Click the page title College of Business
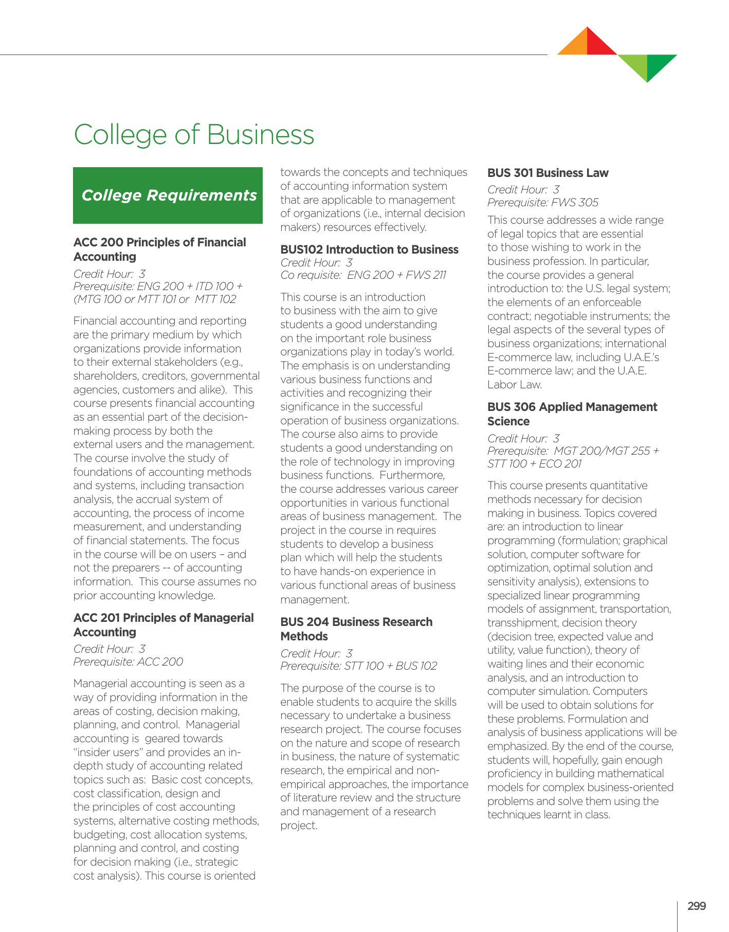point(194,135)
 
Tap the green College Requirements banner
point(168,195)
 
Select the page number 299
point(696,906)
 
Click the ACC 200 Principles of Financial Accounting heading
point(159,249)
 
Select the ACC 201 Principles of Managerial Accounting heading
point(163,625)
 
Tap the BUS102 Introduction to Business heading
point(369,249)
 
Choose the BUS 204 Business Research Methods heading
point(356,629)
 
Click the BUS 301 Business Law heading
point(548,173)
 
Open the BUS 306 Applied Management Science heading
point(572,414)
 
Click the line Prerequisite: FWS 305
point(542,203)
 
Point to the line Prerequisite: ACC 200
point(128,661)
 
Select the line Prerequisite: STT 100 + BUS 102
point(358,666)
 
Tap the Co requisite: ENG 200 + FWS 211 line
point(363,275)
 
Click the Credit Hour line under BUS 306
point(523,438)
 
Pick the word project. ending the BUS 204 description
point(299,826)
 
